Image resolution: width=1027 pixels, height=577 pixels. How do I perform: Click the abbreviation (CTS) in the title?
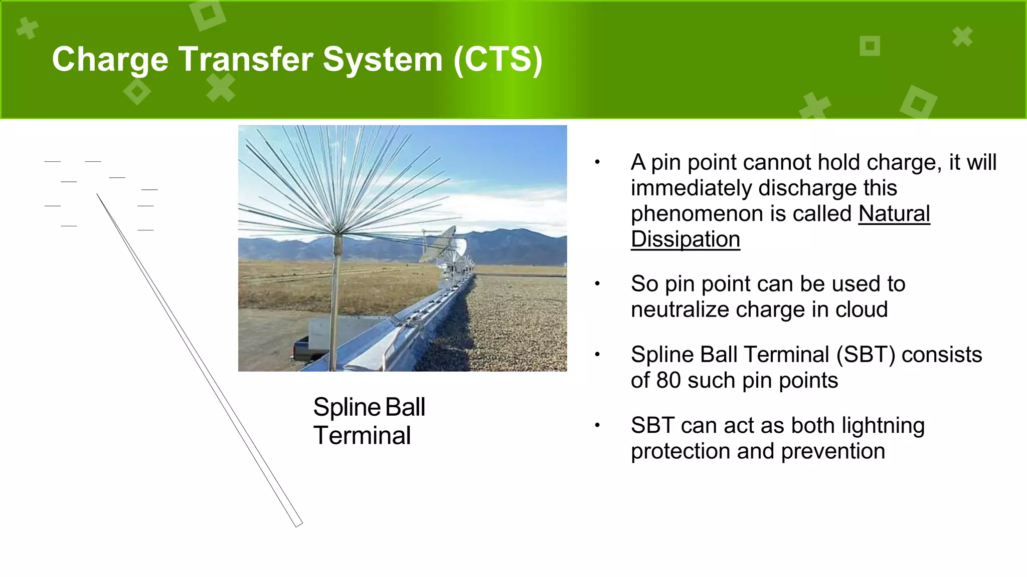click(497, 60)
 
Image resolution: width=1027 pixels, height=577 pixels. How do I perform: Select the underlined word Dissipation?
click(685, 239)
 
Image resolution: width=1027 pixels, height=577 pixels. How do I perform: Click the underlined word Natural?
click(894, 214)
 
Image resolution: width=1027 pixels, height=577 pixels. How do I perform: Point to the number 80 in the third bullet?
click(668, 381)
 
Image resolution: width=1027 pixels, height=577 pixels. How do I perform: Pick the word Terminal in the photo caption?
click(362, 435)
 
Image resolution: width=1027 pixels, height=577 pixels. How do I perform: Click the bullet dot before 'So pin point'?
click(597, 284)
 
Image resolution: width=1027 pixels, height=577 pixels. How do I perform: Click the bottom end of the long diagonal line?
click(298, 524)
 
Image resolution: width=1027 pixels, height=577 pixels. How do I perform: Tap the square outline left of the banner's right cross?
click(870, 46)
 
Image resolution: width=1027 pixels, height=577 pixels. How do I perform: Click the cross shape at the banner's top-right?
click(962, 37)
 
